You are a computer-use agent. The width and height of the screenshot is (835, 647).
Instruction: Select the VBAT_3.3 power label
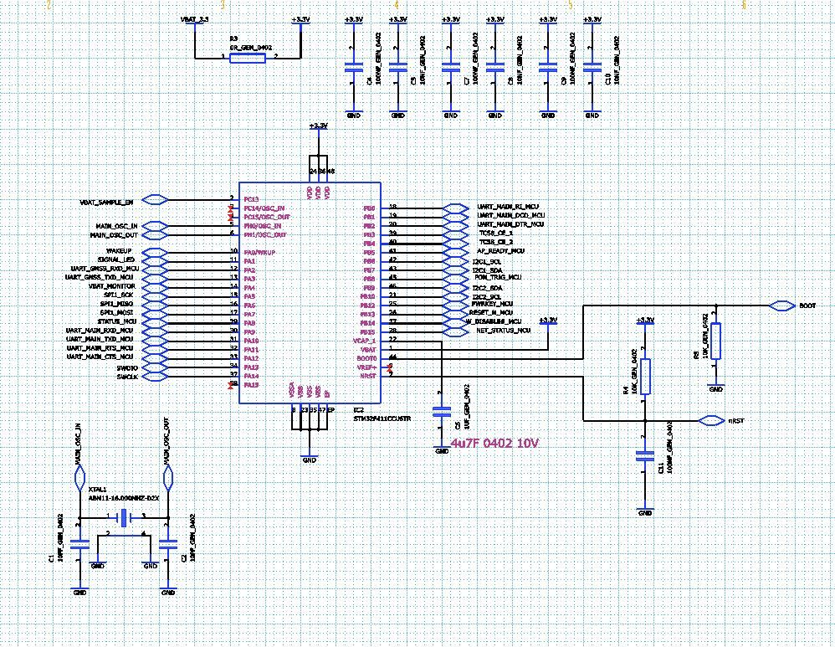[194, 18]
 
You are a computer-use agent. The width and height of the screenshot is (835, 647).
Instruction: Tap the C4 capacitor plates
[353, 64]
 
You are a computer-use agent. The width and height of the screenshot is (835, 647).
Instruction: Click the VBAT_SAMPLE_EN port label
[105, 203]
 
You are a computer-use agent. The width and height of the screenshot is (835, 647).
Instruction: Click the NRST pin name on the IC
[370, 375]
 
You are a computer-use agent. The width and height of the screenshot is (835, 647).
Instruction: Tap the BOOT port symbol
[781, 306]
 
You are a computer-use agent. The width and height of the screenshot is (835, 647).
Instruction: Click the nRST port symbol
[711, 420]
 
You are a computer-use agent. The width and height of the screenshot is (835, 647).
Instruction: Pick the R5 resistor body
[715, 341]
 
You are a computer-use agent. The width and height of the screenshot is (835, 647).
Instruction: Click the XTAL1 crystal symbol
[124, 518]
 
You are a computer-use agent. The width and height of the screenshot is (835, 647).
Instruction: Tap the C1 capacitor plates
[80, 544]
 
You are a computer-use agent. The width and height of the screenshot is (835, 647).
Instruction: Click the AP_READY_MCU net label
[500, 250]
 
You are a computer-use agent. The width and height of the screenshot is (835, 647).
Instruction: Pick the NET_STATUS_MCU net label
[504, 331]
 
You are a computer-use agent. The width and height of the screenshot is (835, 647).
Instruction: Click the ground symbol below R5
[715, 388]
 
